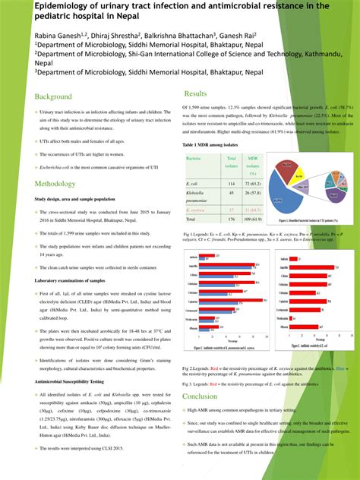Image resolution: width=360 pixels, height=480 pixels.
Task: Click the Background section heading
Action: (53, 97)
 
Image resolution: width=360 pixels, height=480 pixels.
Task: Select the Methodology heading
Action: (55, 184)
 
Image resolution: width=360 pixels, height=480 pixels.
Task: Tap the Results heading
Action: (196, 93)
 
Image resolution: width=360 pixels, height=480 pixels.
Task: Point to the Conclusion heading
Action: (200, 396)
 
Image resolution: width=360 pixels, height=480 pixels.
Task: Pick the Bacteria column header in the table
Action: (194, 158)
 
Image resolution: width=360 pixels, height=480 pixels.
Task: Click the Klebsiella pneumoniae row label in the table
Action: (197, 196)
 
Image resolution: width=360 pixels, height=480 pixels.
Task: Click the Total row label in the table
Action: (191, 219)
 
